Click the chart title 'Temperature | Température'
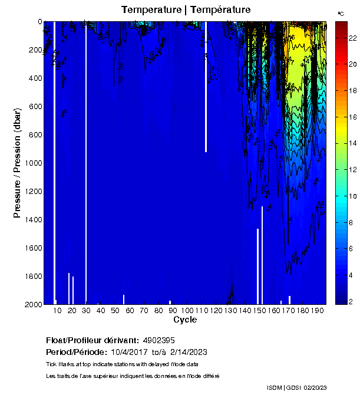point(186,10)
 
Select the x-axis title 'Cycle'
point(185,320)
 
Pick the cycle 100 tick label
point(187,310)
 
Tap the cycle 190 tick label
point(317,310)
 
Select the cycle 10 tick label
point(57,310)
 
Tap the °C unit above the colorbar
point(341,13)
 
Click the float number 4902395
point(159,341)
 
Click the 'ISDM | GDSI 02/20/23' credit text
point(297,387)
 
